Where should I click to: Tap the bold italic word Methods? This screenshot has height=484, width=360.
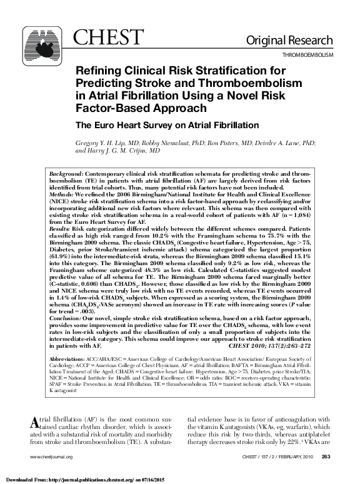(63, 196)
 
